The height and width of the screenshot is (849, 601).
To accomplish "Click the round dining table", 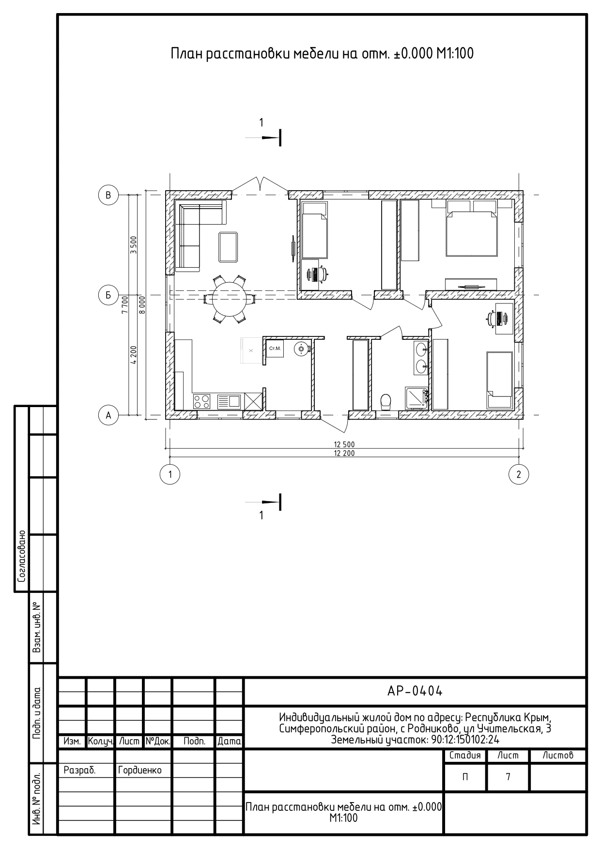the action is coord(229,299).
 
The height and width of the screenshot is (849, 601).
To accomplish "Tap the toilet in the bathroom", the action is coord(386,402).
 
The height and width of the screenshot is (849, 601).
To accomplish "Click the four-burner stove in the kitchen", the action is coord(202,401).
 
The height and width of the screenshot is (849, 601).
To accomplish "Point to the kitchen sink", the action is coord(229,401).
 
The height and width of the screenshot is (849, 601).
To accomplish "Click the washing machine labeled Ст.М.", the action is coord(275,348).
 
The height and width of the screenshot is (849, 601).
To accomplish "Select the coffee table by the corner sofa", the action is coord(228,247).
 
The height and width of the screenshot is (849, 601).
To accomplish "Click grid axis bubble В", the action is coord(108,195).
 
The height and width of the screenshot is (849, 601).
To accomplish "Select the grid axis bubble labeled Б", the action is coord(108,295).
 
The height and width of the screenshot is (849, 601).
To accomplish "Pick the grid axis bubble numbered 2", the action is coord(519,474).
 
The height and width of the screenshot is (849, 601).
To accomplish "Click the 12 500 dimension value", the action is coord(344,444).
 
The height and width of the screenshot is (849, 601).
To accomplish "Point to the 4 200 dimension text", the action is coord(134,355).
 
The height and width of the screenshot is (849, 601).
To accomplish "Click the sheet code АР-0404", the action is coord(415,691).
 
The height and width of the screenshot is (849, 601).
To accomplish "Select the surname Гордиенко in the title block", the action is coord(140,770).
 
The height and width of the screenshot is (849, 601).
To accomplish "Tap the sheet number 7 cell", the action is coord(508,777).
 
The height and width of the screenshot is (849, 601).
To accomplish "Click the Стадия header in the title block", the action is coord(465,755).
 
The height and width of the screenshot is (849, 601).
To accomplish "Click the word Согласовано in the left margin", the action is coord(21,556).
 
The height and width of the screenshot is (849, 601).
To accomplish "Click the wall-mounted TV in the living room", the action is coord(293,245).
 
